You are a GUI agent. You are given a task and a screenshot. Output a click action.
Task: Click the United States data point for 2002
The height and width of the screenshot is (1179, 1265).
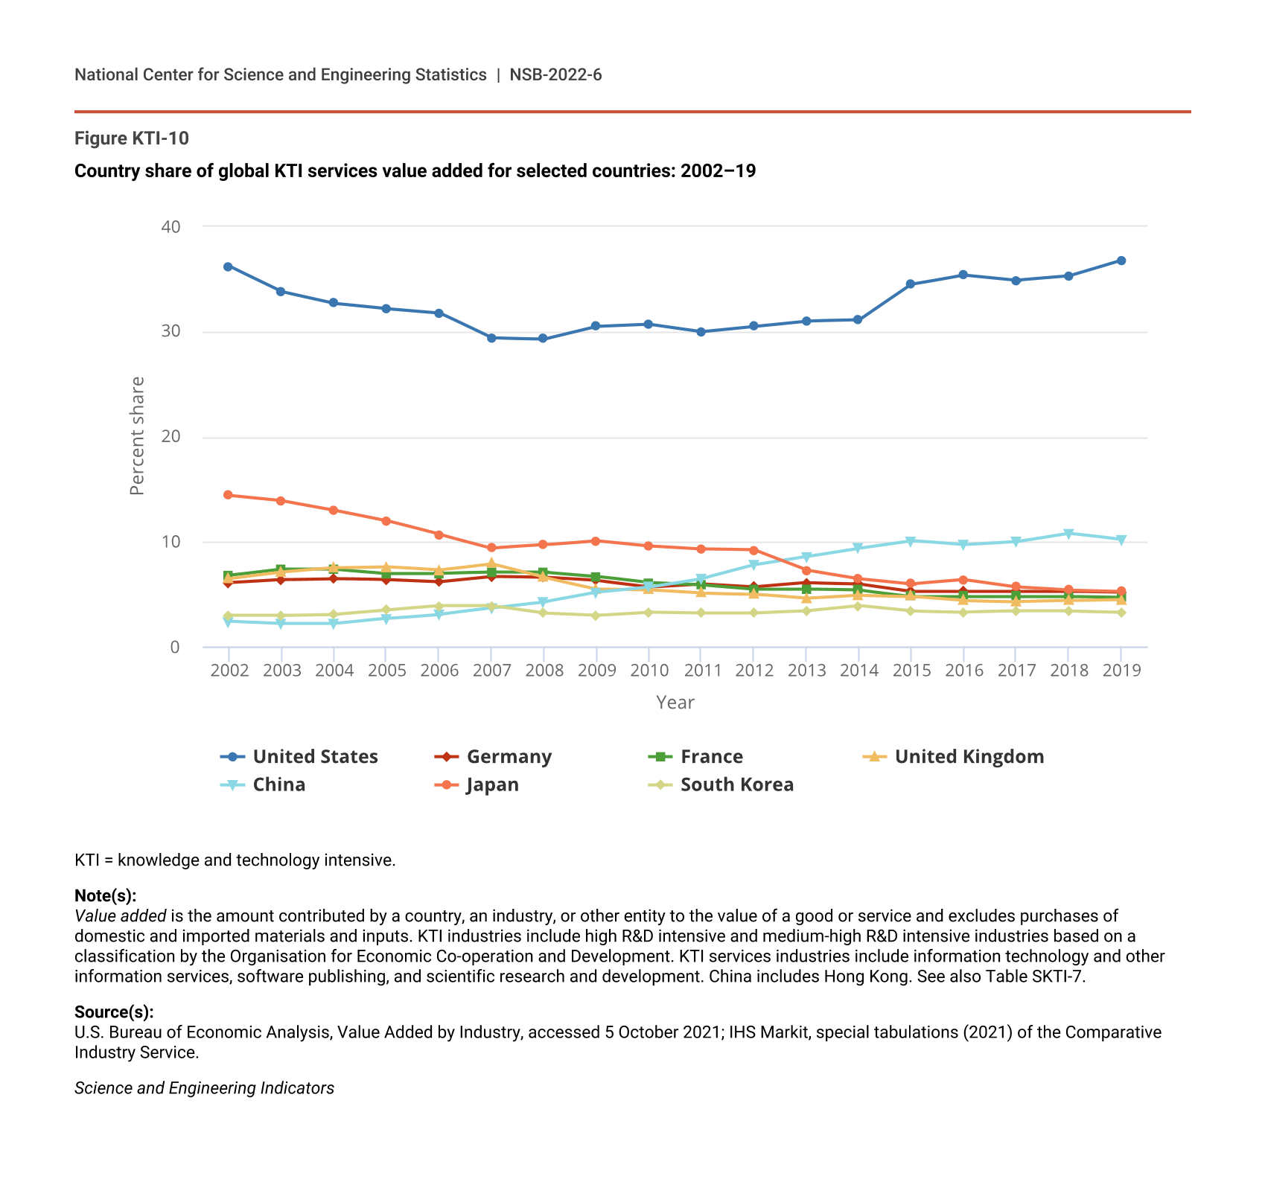[228, 266]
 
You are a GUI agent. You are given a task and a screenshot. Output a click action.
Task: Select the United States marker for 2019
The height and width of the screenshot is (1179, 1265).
[1121, 261]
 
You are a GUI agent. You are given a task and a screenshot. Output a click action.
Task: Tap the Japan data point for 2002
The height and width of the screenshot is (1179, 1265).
[228, 495]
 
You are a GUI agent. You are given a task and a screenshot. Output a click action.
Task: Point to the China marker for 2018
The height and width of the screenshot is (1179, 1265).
[1068, 534]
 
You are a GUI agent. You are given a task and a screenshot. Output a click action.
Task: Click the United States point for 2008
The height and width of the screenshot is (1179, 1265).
[543, 339]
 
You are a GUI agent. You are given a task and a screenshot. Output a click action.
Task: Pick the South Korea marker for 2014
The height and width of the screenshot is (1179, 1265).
[858, 606]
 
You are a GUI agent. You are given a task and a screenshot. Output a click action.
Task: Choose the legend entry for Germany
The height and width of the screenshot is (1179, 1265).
[493, 757]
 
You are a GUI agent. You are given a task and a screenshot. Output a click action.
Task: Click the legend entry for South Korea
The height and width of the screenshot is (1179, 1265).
[721, 785]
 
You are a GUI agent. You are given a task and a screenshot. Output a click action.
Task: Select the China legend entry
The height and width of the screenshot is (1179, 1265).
[263, 785]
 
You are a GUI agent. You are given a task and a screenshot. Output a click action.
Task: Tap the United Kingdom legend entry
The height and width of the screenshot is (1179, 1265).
[953, 757]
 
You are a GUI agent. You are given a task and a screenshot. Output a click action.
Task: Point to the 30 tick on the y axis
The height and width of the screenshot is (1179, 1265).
[171, 331]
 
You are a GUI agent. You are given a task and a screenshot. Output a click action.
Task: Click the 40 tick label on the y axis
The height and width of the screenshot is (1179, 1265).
[171, 226]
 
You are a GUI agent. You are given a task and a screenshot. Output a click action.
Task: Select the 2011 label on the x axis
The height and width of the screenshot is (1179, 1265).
[702, 671]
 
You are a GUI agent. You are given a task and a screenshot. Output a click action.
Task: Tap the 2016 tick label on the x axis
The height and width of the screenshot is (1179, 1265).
[964, 671]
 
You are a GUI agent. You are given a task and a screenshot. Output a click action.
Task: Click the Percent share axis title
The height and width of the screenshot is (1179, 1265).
[137, 436]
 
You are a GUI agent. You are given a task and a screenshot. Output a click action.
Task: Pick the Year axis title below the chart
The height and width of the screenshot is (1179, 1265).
[675, 703]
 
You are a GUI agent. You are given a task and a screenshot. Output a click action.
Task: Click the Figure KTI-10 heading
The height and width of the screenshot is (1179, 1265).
[132, 138]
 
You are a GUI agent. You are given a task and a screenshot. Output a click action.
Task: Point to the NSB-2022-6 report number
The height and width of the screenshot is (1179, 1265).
[555, 74]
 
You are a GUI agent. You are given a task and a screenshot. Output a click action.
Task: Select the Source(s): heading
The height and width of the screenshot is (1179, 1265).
[114, 1012]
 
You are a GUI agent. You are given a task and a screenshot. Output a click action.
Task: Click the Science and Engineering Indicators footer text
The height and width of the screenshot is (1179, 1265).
[204, 1088]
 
